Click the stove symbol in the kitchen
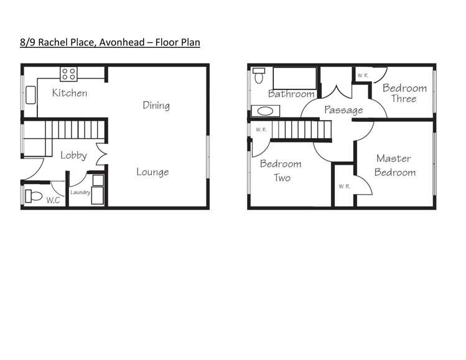tap(68, 74)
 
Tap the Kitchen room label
tap(69, 93)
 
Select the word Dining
tap(156, 105)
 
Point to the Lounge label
tap(152, 172)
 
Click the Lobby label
tap(73, 155)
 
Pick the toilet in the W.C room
tap(32, 197)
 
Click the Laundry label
tap(80, 193)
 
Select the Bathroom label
tap(291, 94)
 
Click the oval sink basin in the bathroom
tap(266, 113)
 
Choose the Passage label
tap(343, 110)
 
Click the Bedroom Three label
tap(404, 93)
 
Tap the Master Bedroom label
tap(394, 165)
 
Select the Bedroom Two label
tap(281, 171)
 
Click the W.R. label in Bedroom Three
tap(362, 75)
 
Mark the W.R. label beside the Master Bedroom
tap(343, 186)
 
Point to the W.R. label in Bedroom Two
tap(261, 130)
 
